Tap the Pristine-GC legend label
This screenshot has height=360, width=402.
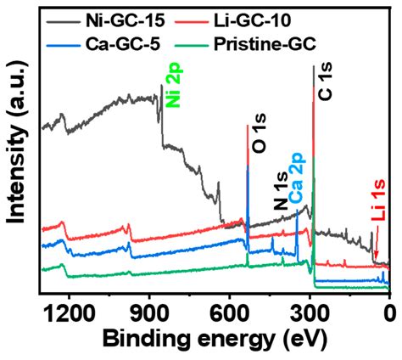click(x=299, y=39)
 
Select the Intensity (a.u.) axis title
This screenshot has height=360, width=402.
click(x=16, y=149)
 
